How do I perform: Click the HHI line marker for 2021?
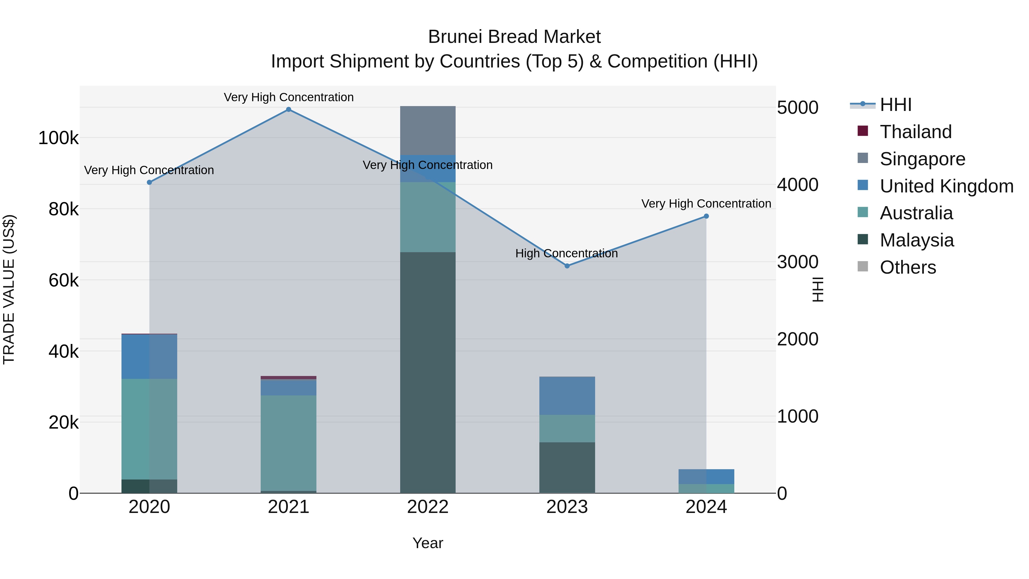point(288,110)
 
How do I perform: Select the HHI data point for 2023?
point(567,266)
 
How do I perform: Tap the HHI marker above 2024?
point(706,216)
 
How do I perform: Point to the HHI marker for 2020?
point(149,182)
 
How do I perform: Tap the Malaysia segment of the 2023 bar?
point(567,467)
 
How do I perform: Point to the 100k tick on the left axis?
point(58,138)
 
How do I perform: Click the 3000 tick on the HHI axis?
point(797,262)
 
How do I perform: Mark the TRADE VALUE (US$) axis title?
point(9,289)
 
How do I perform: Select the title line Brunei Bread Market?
point(514,37)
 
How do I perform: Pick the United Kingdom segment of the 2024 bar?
point(706,476)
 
